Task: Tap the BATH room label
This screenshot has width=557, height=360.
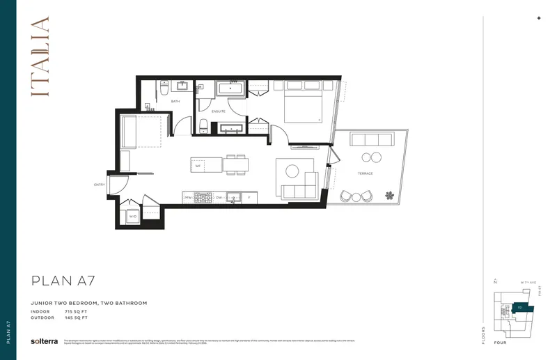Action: (175, 102)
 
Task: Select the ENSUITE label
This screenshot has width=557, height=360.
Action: (218, 111)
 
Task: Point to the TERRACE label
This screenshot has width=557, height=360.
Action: (365, 173)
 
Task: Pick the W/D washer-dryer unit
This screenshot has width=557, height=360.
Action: (132, 217)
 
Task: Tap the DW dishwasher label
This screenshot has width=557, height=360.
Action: (219, 198)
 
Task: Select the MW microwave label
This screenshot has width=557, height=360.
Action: (188, 198)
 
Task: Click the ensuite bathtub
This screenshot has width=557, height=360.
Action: (230, 88)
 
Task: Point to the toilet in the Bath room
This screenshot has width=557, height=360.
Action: (164, 89)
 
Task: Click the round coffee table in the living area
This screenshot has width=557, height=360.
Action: (291, 171)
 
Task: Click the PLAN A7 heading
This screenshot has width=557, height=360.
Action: (63, 281)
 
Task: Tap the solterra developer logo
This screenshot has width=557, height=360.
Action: (44, 341)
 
